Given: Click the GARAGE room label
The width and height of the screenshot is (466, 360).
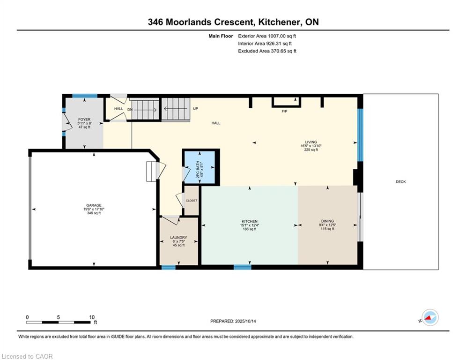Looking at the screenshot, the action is click(94, 205).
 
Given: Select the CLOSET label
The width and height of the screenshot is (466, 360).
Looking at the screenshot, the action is click(192, 201).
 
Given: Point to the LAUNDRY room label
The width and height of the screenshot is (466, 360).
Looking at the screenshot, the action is click(178, 237).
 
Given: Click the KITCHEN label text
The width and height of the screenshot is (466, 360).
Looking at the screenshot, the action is click(250, 221).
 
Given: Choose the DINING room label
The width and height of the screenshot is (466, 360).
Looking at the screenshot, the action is click(327, 221).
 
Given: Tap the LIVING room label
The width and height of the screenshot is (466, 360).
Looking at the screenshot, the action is click(311, 142).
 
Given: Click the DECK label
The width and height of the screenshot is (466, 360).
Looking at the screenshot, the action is click(400, 182).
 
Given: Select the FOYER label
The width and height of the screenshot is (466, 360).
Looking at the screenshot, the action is click(84, 120).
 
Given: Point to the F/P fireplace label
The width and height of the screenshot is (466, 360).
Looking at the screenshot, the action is click(284, 111).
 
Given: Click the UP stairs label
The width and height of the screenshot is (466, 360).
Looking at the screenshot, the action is click(196, 109).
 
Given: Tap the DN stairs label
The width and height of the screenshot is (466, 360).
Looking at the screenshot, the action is click(130, 110).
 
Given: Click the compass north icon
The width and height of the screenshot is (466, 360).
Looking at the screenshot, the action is click(430, 318).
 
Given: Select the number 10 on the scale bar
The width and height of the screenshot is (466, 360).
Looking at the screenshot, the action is click(92, 317).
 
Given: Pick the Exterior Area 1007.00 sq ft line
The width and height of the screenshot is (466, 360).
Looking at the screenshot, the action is click(267, 36).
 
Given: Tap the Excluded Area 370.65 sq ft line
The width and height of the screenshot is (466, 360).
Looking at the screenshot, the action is click(267, 51).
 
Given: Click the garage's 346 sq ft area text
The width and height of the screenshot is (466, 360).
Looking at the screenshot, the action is click(94, 213).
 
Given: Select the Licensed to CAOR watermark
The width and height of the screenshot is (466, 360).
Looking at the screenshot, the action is click(27, 356).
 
